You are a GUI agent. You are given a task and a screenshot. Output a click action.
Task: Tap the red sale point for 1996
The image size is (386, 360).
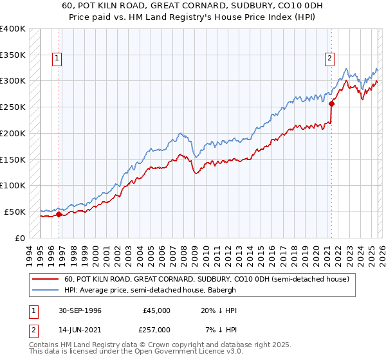click(x=59, y=214)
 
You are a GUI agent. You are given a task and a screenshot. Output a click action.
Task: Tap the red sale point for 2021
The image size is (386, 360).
click(x=332, y=103)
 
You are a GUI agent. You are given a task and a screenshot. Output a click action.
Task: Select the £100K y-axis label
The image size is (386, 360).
click(x=14, y=185)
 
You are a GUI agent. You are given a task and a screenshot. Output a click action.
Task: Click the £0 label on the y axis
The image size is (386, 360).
click(x=19, y=238)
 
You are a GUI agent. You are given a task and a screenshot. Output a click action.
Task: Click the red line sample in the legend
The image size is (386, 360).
click(x=45, y=280)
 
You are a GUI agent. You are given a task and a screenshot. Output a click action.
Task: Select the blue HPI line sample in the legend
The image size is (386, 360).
click(x=45, y=291)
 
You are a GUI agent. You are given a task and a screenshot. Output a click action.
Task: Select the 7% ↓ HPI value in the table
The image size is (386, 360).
click(x=221, y=329)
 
